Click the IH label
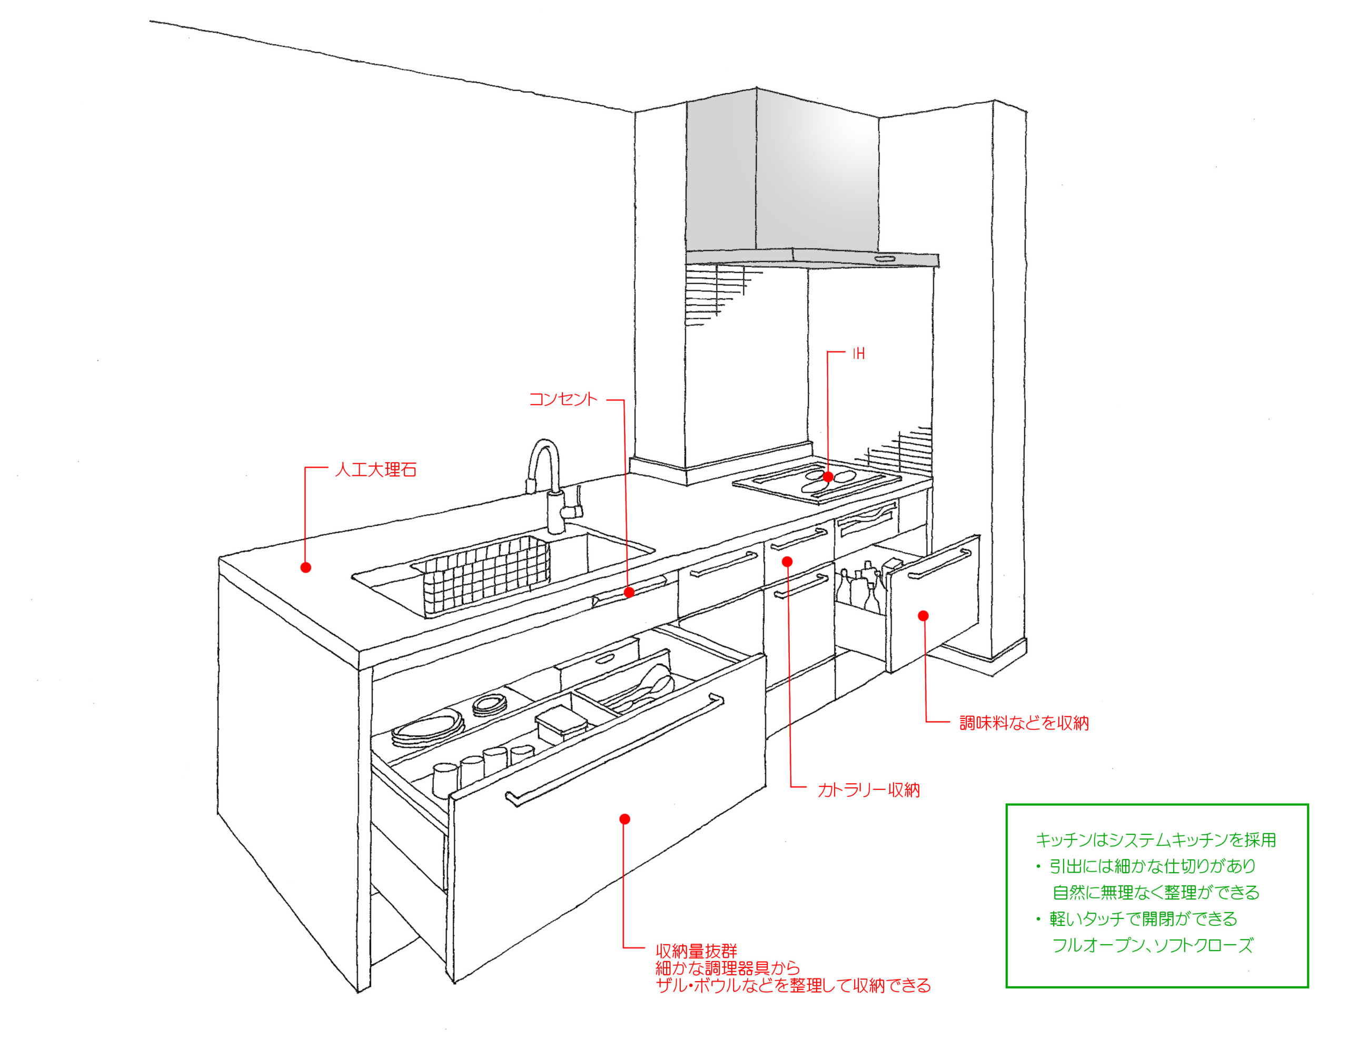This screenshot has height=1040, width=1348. tap(858, 354)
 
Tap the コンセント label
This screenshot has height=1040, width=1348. tap(563, 399)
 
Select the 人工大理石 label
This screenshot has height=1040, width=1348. tap(375, 470)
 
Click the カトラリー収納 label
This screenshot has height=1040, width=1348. tap(868, 790)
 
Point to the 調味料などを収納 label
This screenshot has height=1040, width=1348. tap(1024, 723)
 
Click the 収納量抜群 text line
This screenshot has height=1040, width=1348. tap(696, 951)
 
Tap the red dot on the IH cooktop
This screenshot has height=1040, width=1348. tap(828, 477)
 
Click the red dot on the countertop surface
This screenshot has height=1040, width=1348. tap(305, 567)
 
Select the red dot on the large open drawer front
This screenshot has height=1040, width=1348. tap(625, 819)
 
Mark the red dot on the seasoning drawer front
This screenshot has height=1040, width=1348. tap(924, 616)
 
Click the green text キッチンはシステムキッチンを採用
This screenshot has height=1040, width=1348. tap(1155, 839)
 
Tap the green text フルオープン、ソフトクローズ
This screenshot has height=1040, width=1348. tap(1152, 946)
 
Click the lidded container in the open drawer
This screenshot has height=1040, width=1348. tap(560, 722)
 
